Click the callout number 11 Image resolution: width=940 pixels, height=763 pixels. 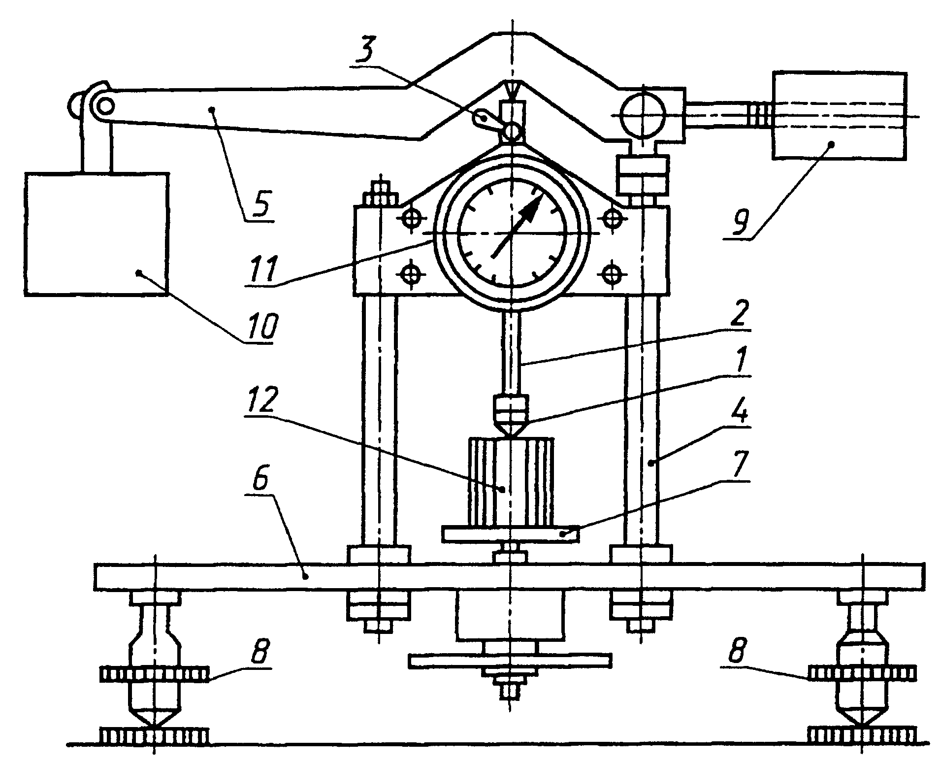coord(264,267)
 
